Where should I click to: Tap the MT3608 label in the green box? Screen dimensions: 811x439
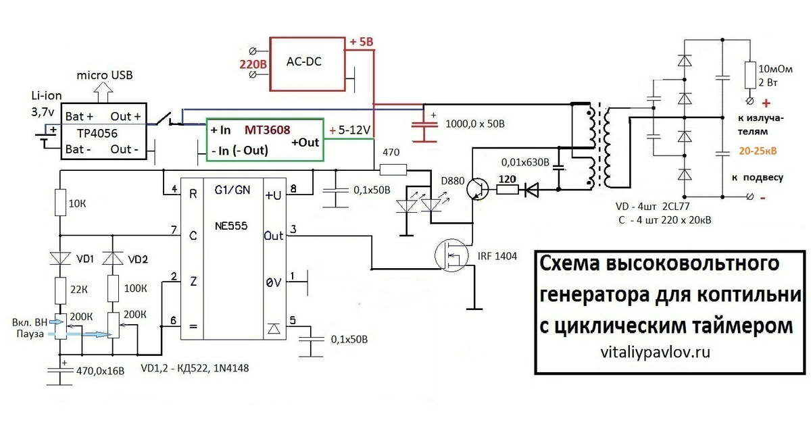point(267,130)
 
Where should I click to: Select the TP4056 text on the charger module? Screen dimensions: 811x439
point(97,133)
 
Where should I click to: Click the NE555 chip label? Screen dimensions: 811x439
point(231,226)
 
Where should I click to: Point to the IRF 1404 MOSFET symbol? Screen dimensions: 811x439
point(451,255)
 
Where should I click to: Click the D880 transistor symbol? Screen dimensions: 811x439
point(477,188)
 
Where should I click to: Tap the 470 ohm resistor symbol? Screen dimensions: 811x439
point(393,170)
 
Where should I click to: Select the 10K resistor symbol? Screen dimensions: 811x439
point(60,203)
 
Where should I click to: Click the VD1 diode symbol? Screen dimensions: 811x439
point(60,259)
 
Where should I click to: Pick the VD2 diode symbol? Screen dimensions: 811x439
point(113,259)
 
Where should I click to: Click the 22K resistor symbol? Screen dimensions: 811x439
point(60,290)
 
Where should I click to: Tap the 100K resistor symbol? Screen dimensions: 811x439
point(114,288)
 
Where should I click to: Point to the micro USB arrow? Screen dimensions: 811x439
point(103,92)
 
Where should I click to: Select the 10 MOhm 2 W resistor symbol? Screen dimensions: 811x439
point(749,75)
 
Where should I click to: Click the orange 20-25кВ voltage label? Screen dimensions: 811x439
point(758,151)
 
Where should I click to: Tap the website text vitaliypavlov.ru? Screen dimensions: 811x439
point(656,352)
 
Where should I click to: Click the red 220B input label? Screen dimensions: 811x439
point(253,64)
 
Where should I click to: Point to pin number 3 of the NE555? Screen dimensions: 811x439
point(293,229)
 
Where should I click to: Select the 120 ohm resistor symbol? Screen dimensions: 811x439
point(508,189)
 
